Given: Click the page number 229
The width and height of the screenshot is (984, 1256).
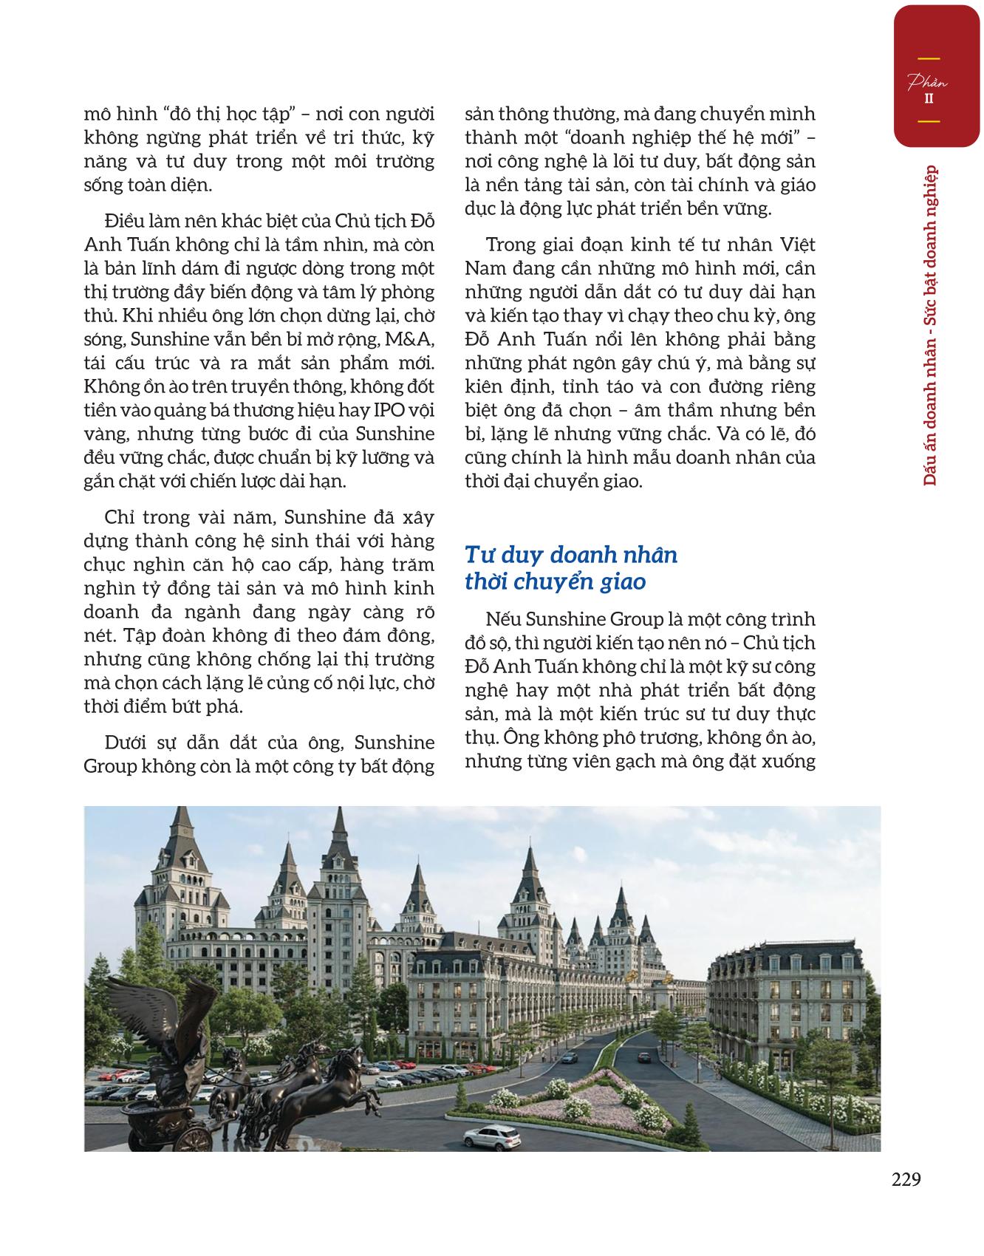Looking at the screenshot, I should [x=906, y=1179].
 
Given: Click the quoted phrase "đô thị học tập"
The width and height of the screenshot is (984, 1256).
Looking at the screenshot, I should [x=211, y=115].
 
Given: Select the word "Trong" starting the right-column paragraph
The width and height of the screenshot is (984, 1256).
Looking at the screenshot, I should [x=510, y=245].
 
